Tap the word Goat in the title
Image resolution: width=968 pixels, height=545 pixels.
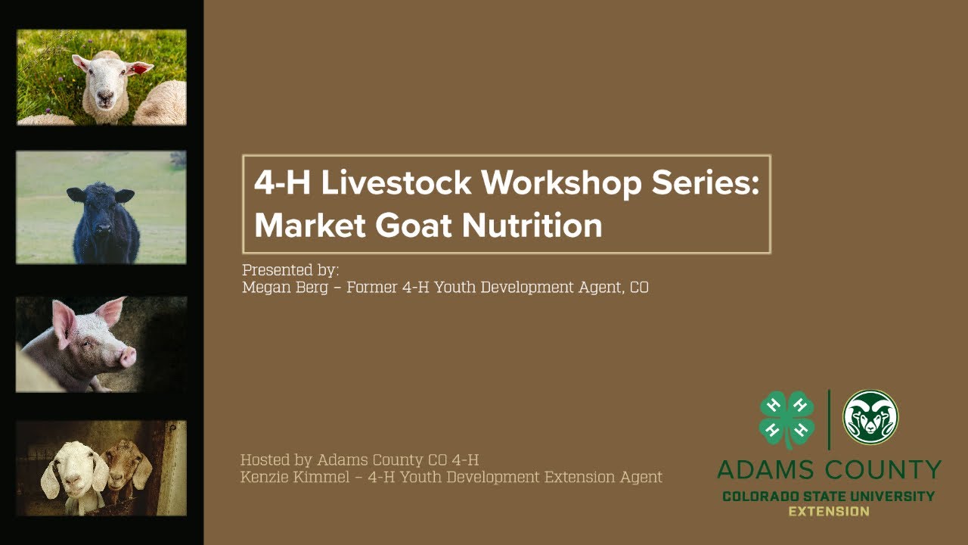pyautogui.click(x=414, y=226)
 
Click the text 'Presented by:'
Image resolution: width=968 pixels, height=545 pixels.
pyautogui.click(x=290, y=270)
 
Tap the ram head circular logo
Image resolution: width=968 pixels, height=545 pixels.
pyautogui.click(x=870, y=417)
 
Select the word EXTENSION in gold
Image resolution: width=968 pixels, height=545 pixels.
pyautogui.click(x=829, y=512)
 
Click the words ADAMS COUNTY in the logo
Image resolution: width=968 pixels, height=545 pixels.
pyautogui.click(x=829, y=470)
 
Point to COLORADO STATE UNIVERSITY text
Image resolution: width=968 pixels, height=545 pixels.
pyautogui.click(x=829, y=497)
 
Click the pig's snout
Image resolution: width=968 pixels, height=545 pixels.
pyautogui.click(x=127, y=356)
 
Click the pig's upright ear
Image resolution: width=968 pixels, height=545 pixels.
pyautogui.click(x=110, y=310)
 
